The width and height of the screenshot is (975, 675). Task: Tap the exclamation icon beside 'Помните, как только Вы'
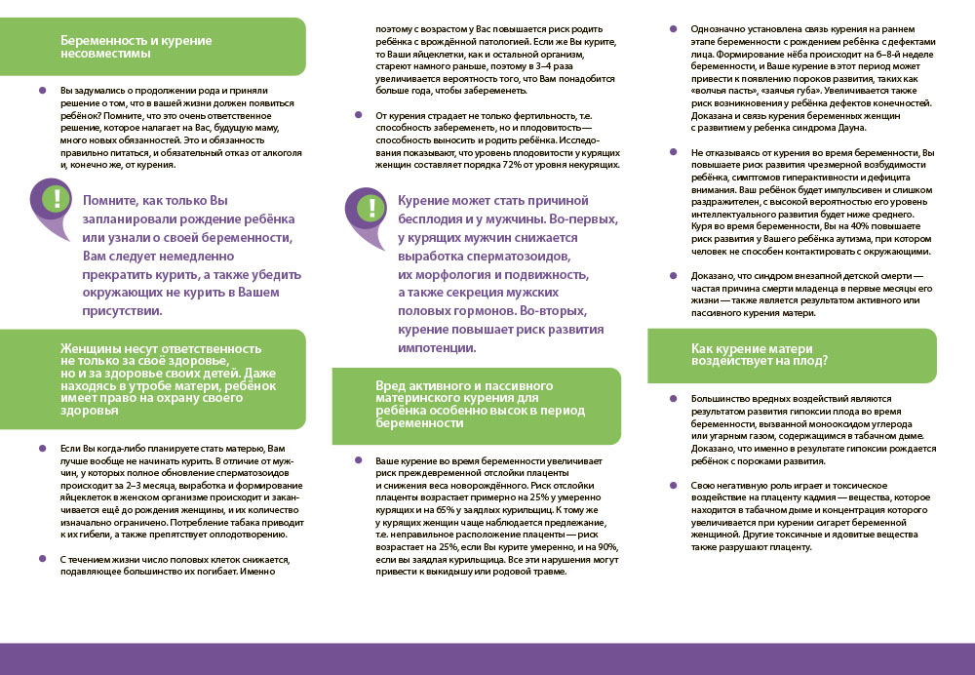[x=58, y=198]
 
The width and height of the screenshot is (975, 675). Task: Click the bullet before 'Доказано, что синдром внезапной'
[x=672, y=276]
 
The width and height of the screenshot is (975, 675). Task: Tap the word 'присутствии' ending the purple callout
[x=122, y=310]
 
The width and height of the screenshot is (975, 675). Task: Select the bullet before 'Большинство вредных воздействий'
[x=672, y=399]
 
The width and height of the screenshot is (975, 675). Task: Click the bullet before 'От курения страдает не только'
[x=357, y=116]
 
